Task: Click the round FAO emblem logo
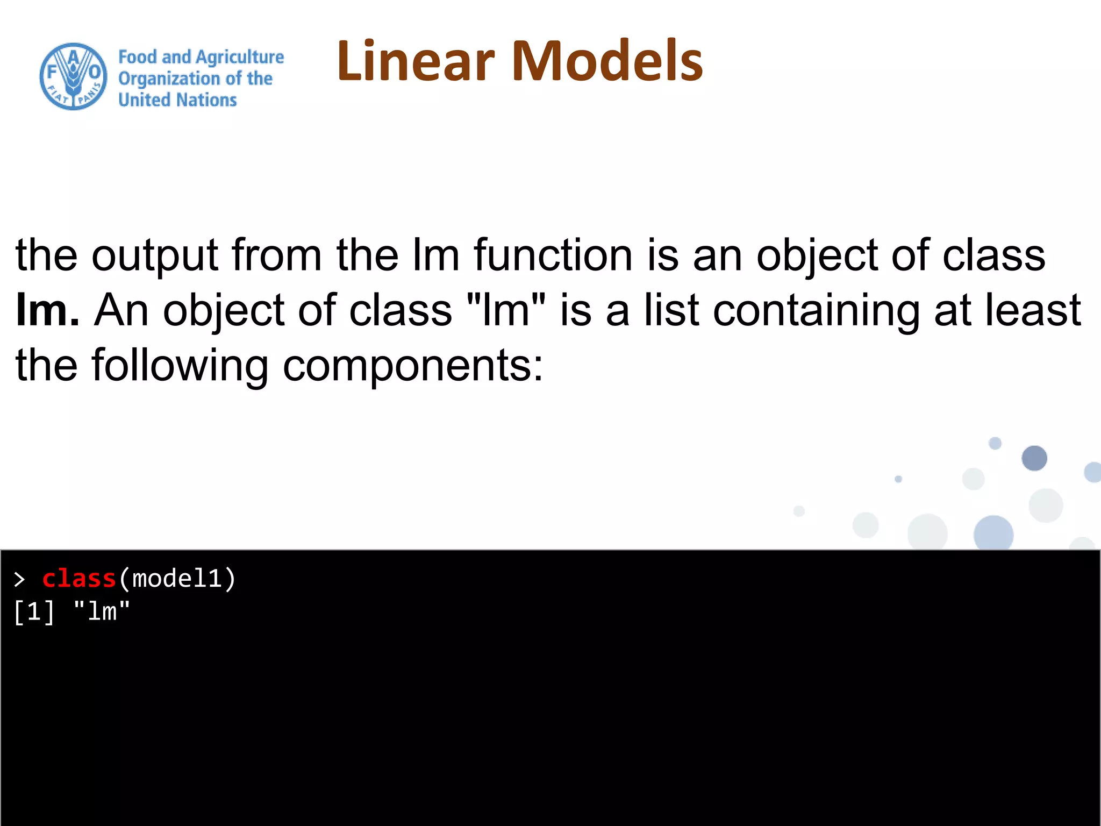coord(73,77)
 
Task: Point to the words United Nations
coord(177,100)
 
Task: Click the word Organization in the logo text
coord(169,79)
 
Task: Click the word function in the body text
coord(553,255)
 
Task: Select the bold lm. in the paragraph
coord(47,310)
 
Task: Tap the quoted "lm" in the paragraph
coord(506,310)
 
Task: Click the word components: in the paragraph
coord(413,366)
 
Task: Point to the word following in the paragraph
coord(180,366)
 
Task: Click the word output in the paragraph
coord(154,256)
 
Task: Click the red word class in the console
coord(79,579)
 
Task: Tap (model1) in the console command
coord(177,579)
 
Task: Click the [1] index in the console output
coord(33,612)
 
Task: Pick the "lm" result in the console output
coord(102,612)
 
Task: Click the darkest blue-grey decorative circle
coord(1034,458)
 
